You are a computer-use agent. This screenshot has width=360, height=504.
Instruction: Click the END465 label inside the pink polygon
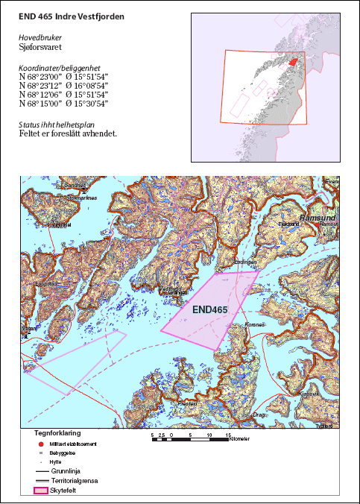pos(209,309)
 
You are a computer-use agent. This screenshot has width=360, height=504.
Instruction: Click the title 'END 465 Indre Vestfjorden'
pos(72,16)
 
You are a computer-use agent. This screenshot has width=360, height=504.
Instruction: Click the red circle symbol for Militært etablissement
pos(39,444)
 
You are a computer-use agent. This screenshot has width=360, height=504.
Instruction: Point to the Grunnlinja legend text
pos(72,471)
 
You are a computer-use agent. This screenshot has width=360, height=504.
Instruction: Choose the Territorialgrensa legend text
pos(78,481)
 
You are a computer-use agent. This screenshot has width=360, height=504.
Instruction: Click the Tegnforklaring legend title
pos(57,432)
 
